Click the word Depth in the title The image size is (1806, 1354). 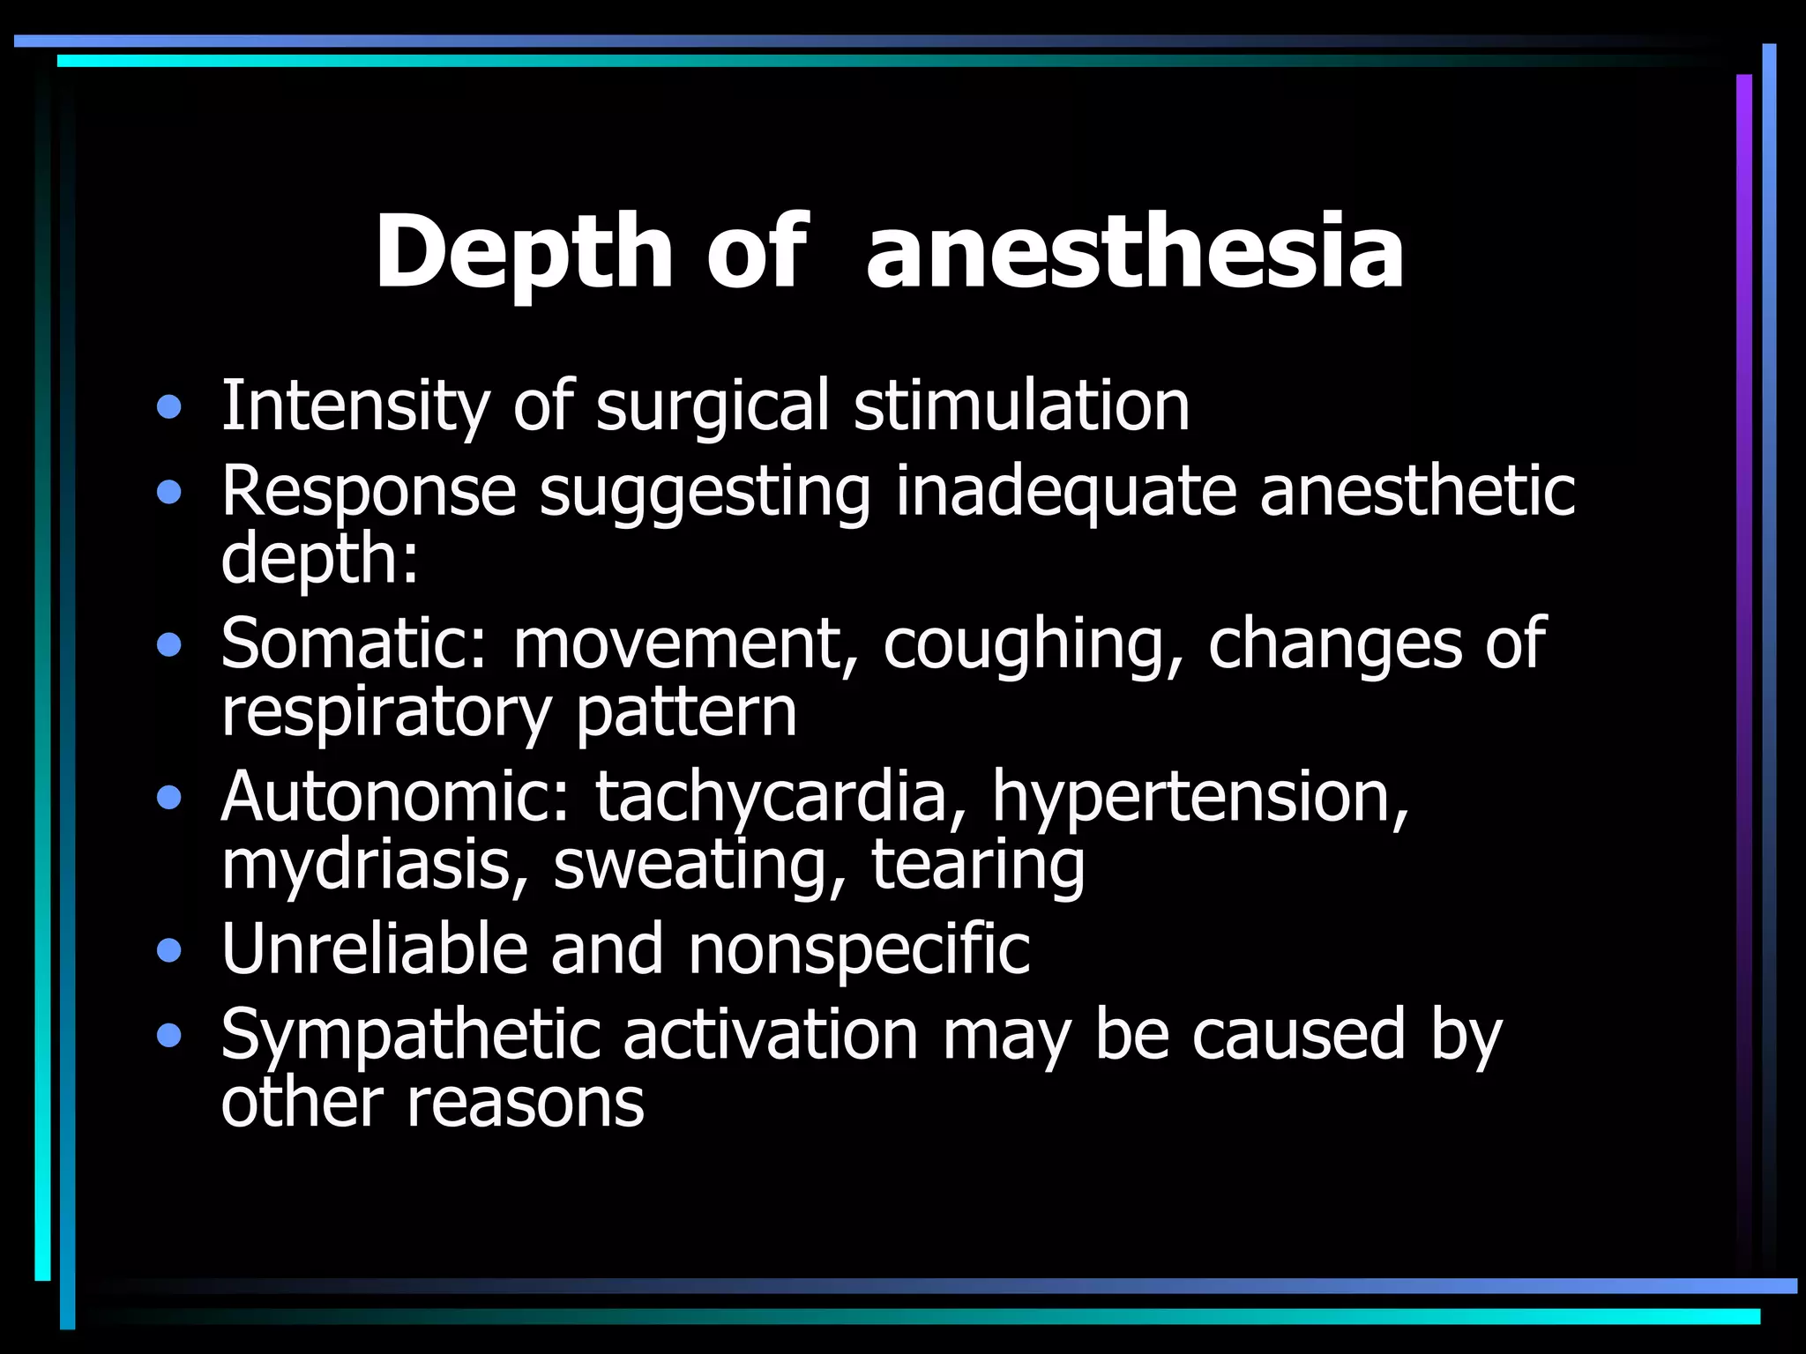pyautogui.click(x=524, y=253)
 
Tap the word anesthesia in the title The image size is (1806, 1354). pyautogui.click(x=1135, y=253)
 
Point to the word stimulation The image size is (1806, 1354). pyautogui.click(x=1021, y=406)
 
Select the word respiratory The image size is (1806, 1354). pyautogui.click(x=385, y=712)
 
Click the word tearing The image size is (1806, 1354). pyautogui.click(x=978, y=865)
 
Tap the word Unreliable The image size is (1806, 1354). pyautogui.click(x=374, y=949)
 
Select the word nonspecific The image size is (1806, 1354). pyautogui.click(x=858, y=949)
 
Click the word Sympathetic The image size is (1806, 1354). pyautogui.click(x=411, y=1035)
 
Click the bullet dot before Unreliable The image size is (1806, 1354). pyautogui.click(x=168, y=951)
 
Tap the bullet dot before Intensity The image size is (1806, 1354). pyautogui.click(x=168, y=408)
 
